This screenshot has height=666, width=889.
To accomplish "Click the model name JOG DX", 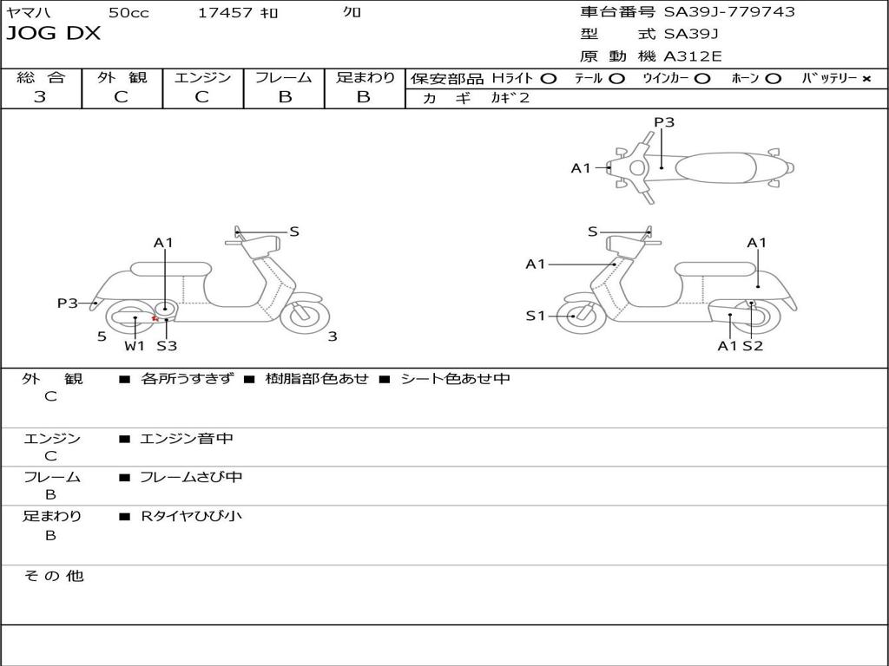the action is [x=54, y=34].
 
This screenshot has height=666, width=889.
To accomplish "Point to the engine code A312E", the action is [x=693, y=57].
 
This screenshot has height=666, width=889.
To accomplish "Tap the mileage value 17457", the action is [x=225, y=13].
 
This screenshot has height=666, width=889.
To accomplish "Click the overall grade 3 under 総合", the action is [x=40, y=97].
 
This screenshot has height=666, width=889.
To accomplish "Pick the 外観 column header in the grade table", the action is [x=122, y=77].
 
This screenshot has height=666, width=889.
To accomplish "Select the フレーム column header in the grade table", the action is [x=284, y=77].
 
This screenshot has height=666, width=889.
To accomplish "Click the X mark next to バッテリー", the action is [x=866, y=79].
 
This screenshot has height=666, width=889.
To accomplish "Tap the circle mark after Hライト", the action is [x=548, y=79].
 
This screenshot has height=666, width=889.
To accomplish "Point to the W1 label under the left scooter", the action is [x=134, y=346].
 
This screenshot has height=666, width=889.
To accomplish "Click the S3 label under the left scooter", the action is [x=167, y=346].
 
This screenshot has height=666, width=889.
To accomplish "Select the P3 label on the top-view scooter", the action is [x=664, y=122].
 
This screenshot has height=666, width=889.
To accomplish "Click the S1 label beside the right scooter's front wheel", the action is [x=536, y=316].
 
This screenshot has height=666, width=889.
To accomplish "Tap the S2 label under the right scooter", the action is [x=753, y=346].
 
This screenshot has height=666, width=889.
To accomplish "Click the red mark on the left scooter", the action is [x=155, y=318].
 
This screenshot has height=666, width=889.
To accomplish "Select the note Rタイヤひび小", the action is [x=191, y=516].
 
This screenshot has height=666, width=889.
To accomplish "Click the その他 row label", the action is [x=53, y=576].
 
